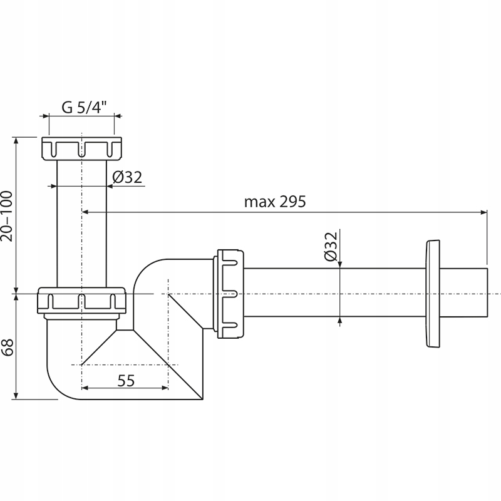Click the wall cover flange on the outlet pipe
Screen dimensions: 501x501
[x=432, y=292]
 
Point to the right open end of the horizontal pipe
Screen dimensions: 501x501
[x=486, y=293]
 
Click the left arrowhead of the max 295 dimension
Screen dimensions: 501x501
[x=86, y=213]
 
